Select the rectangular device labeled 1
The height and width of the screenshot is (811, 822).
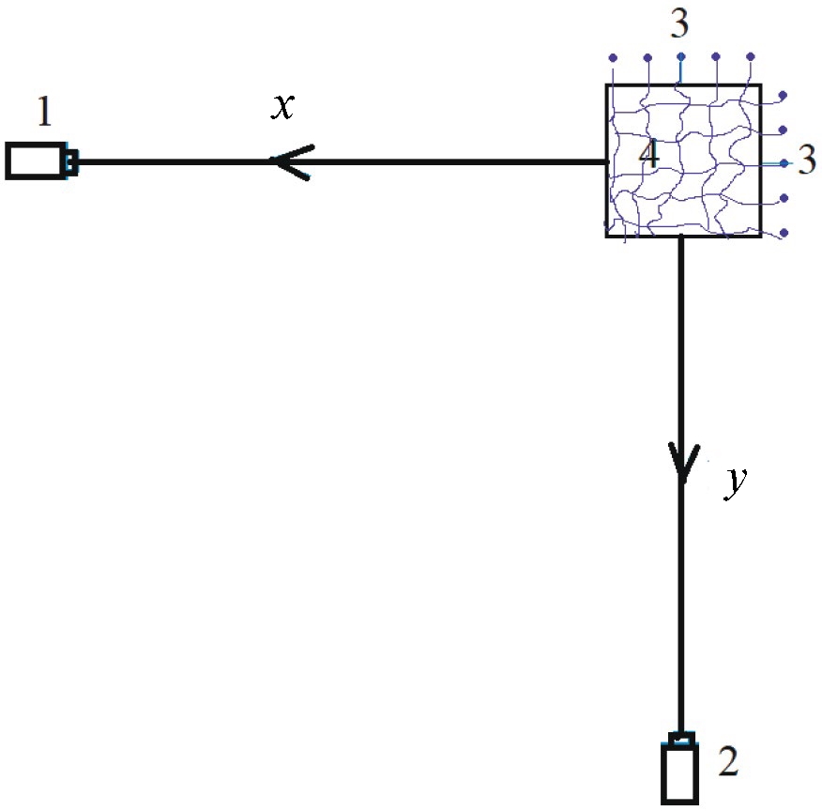[37, 161]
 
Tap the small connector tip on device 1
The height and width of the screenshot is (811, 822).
[72, 162]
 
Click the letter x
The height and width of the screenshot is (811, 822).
[282, 107]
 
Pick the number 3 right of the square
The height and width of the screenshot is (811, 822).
[807, 162]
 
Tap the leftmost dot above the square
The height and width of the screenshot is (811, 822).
[613, 57]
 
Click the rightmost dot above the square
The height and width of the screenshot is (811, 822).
[750, 57]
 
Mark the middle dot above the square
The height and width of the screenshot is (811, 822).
[681, 56]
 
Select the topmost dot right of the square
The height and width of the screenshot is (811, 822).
[784, 96]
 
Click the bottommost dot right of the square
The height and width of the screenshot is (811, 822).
[784, 232]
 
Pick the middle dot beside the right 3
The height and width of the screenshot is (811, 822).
[784, 163]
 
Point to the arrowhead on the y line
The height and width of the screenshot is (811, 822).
[681, 464]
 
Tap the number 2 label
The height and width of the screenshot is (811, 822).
[726, 762]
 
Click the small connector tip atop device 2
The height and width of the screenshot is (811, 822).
[682, 738]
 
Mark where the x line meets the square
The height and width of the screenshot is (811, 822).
[607, 162]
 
